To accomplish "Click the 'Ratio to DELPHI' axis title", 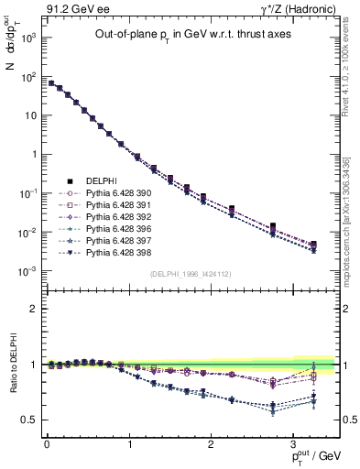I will pyautogui.click(x=14, y=365).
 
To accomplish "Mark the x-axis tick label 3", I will pyautogui.click(x=291, y=443).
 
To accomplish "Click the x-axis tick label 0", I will pyautogui.click(x=47, y=443).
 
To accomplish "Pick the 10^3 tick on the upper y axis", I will pyautogui.click(x=29, y=38).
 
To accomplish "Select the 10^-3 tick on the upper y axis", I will pyautogui.click(x=29, y=271).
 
